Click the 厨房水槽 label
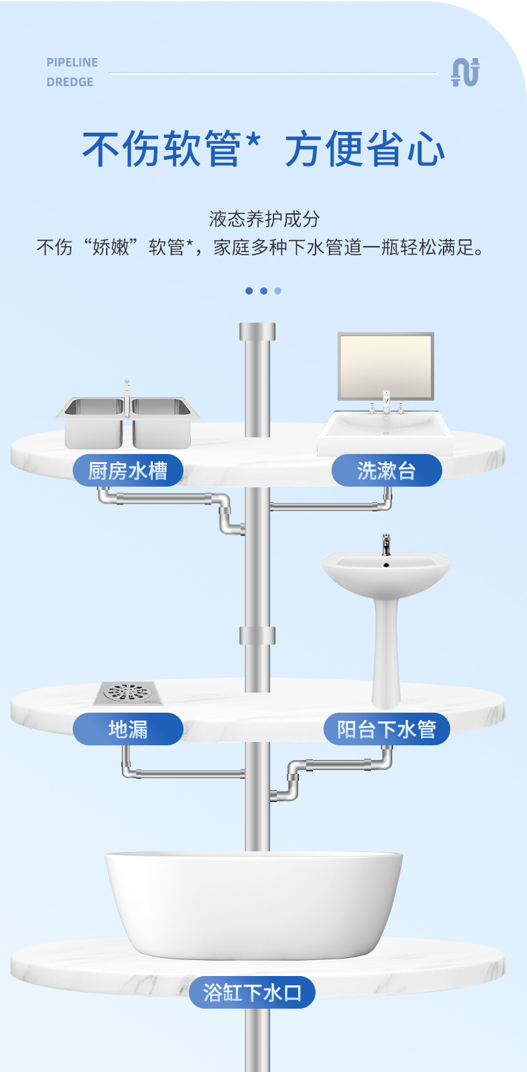point(127,471)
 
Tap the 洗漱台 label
point(386,471)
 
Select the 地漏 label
point(127,729)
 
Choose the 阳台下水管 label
point(386,729)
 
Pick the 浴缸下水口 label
point(252,992)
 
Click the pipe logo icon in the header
point(465,72)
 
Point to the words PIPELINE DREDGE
point(71,72)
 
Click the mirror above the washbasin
point(386,366)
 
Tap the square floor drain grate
point(128,693)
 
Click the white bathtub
point(253,903)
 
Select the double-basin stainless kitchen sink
point(127,420)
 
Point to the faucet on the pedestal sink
point(386,545)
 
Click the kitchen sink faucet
point(127,393)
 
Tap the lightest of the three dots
point(278,291)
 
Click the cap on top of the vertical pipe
point(257,331)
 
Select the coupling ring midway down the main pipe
point(257,635)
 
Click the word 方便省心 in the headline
point(365,149)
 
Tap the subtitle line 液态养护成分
point(264,219)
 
